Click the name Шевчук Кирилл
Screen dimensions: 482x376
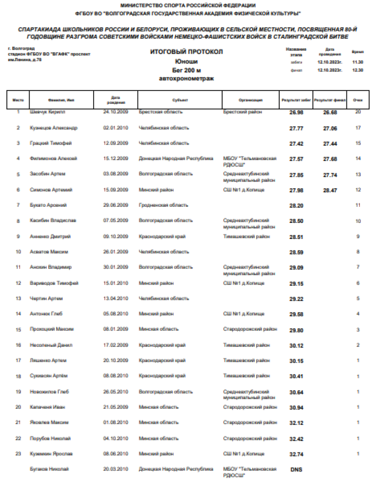[49, 111]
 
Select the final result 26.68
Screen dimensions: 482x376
[330, 112]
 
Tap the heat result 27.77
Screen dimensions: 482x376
[296, 128]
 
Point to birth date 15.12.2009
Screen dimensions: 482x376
[116, 159]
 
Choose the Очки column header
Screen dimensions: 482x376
[357, 100]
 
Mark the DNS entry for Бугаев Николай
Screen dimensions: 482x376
[296, 470]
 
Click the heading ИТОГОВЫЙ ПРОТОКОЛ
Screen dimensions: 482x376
[186, 52]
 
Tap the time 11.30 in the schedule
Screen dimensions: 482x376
[357, 62]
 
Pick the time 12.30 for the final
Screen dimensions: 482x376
[357, 70]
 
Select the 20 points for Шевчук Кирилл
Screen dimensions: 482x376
[358, 111]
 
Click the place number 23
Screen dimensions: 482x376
[18, 454]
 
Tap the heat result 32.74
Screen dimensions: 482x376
[296, 454]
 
